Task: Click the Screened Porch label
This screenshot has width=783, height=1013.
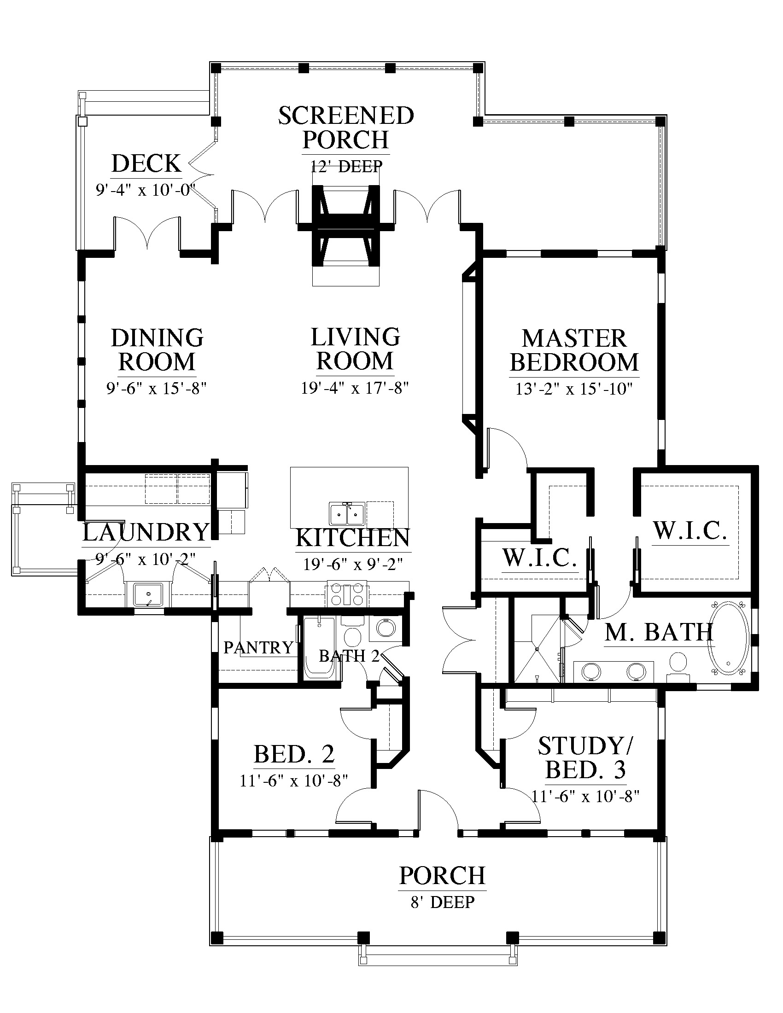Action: [346, 128]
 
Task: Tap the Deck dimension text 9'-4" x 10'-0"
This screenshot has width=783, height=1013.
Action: [146, 190]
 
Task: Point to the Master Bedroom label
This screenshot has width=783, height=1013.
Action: [574, 350]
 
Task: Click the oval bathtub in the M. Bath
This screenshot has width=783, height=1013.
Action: [728, 638]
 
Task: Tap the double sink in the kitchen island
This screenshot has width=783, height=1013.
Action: [346, 514]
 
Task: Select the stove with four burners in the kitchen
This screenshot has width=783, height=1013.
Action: [347, 594]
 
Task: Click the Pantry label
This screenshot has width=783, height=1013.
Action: [258, 647]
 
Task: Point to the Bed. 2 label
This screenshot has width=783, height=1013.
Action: [294, 754]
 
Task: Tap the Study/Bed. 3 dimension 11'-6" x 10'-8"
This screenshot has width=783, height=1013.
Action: [585, 796]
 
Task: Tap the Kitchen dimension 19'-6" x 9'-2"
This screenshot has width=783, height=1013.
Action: [353, 564]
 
